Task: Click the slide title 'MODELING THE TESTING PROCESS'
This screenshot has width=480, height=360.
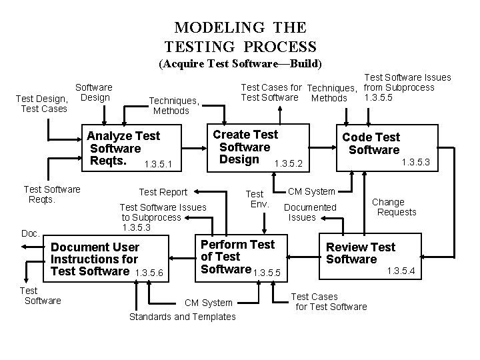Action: click(x=240, y=37)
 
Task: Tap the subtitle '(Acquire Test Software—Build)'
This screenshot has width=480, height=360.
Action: click(x=240, y=64)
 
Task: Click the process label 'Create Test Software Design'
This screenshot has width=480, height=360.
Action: click(x=245, y=147)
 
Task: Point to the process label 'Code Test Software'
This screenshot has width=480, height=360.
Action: click(x=371, y=143)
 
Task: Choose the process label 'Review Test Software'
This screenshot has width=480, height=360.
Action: click(x=360, y=253)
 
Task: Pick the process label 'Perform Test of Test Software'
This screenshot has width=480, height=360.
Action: click(x=237, y=257)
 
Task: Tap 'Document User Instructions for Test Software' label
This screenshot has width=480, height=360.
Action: click(x=95, y=259)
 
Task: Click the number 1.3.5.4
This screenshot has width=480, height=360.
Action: click(x=401, y=271)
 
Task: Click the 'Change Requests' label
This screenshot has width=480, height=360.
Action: click(x=393, y=207)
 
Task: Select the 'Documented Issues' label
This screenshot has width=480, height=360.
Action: click(x=310, y=212)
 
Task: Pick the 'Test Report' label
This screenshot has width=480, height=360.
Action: click(x=163, y=192)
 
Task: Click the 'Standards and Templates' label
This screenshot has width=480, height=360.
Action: click(x=182, y=317)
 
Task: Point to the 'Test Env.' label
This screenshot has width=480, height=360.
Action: click(x=257, y=199)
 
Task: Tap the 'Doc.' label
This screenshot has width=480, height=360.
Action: click(x=31, y=233)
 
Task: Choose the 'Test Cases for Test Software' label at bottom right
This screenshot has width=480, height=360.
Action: click(x=329, y=301)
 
